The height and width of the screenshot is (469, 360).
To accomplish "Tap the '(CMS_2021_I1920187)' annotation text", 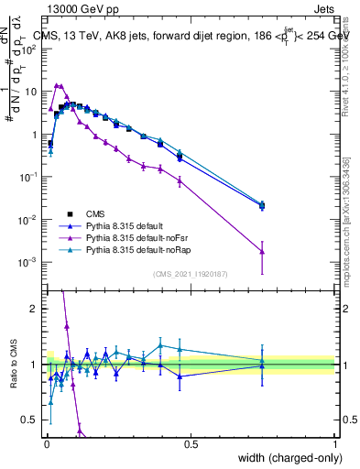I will click(191, 273).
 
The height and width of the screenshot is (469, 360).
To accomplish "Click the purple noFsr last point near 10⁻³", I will click(262, 251).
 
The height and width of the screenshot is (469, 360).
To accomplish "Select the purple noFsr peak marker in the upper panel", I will click(57, 86).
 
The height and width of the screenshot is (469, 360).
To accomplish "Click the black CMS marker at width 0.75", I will click(262, 206).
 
